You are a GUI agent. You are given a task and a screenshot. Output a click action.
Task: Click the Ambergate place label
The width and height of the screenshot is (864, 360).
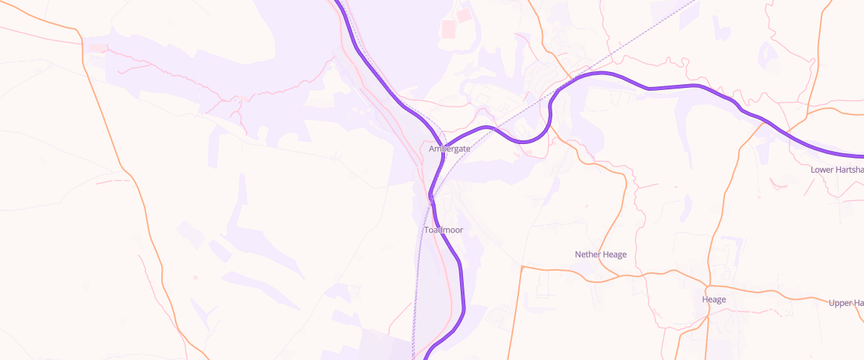(449, 149)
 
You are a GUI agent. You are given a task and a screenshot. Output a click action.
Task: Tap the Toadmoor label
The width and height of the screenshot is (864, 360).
(444, 230)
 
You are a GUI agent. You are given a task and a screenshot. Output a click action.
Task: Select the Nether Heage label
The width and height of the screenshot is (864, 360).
(600, 255)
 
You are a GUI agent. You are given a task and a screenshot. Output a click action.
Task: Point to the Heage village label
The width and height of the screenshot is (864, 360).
(714, 300)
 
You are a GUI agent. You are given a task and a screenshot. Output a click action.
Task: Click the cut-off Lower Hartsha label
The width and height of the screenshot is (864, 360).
(837, 170)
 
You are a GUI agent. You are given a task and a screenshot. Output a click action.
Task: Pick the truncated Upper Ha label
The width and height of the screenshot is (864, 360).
(846, 303)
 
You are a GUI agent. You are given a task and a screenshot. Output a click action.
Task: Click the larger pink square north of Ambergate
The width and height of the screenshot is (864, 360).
(449, 29)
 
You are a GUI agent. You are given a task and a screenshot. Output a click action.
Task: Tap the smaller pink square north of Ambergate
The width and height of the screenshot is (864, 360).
(462, 14)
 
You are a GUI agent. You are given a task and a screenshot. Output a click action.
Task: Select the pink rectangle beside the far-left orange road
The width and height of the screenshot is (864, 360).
(96, 48)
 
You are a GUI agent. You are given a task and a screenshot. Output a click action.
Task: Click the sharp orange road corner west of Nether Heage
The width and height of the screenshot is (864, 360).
(521, 267)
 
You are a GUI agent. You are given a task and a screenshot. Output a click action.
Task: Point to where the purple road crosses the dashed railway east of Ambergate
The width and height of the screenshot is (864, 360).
(505, 135)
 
